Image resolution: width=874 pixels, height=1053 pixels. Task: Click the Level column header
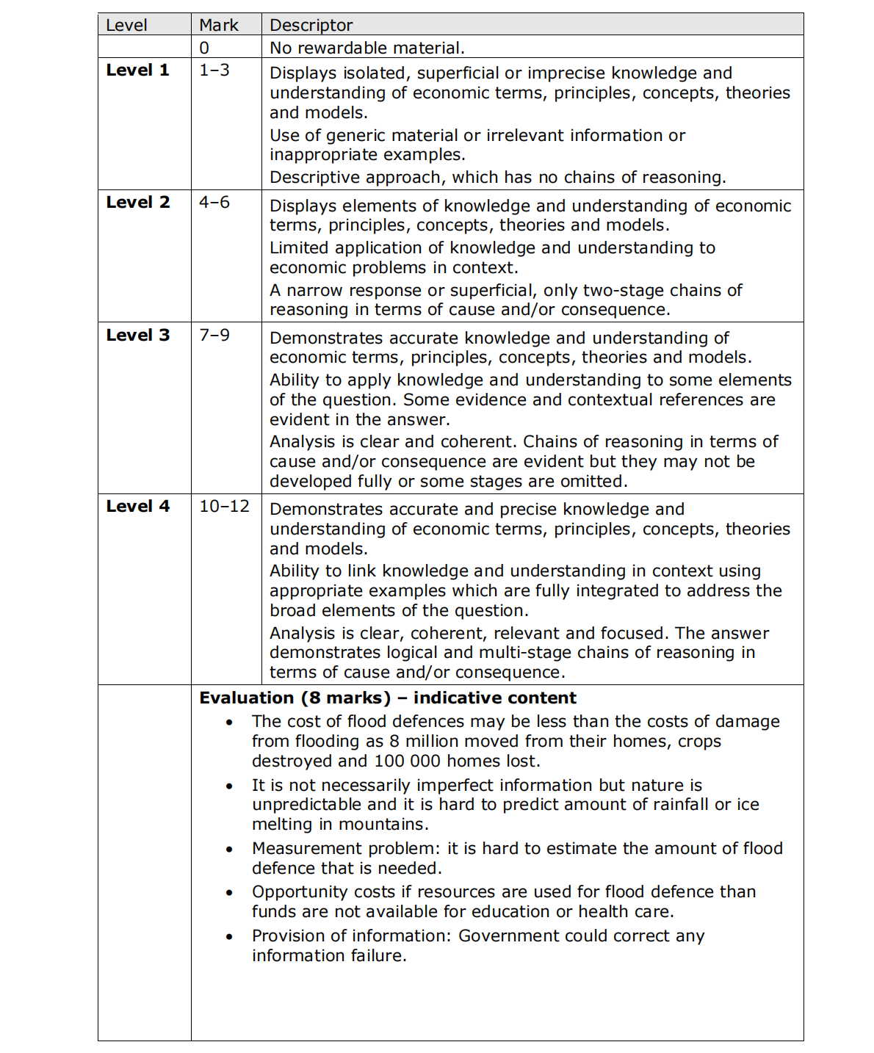point(126,25)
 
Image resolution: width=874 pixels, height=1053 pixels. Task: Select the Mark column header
point(218,25)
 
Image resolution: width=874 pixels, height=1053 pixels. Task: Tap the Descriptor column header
point(311,25)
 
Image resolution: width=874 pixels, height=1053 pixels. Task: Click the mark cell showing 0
point(204,48)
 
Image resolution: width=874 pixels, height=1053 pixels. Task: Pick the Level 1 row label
point(137,70)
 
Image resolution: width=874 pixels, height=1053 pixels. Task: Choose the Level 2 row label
point(137,203)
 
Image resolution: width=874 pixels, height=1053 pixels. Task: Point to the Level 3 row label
point(137,336)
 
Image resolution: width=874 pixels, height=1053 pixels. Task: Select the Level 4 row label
point(137,507)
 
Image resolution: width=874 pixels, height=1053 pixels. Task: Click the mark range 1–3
point(214,70)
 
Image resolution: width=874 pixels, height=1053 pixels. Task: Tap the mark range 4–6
point(214,203)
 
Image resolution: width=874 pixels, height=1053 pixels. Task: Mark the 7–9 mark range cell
point(214,336)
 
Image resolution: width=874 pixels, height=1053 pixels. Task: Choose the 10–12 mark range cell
point(224,507)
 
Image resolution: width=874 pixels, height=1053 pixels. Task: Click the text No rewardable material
point(367,48)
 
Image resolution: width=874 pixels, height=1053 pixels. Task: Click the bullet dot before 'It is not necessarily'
point(230,786)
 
